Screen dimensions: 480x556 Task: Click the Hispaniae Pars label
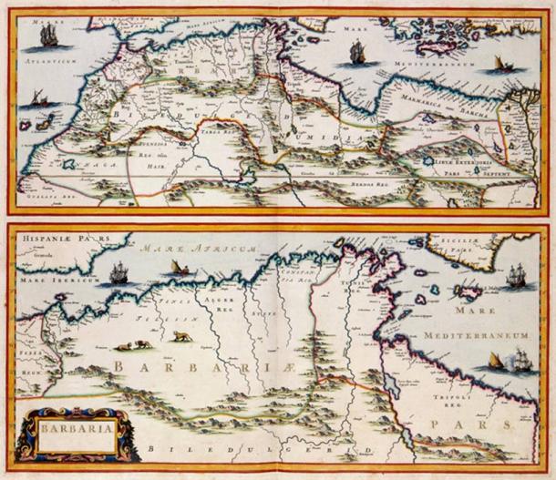pos(56,241)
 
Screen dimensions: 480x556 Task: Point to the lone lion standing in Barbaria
pos(182,336)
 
